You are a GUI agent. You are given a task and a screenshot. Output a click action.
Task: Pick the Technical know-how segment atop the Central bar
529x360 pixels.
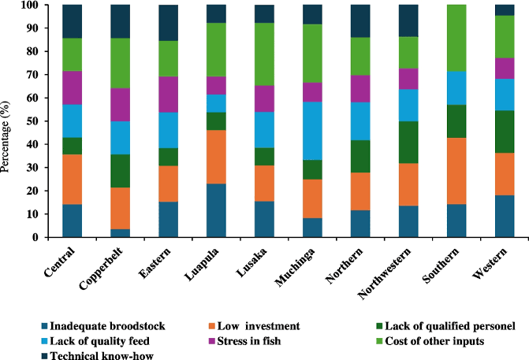(x=73, y=21)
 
